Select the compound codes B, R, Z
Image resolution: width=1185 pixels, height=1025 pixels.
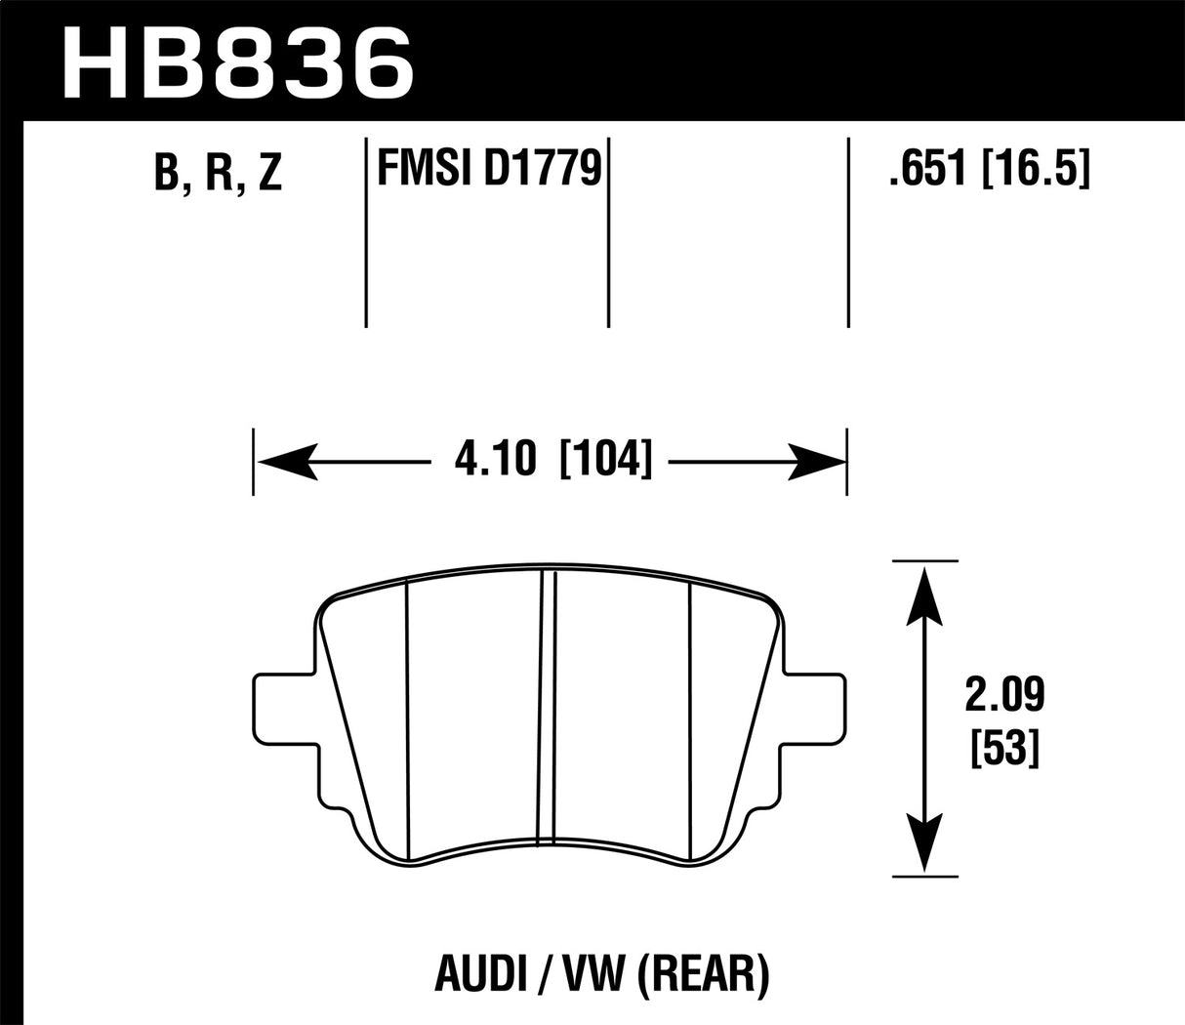pyautogui.click(x=218, y=173)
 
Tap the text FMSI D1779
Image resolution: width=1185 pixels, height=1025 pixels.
pyautogui.click(x=487, y=171)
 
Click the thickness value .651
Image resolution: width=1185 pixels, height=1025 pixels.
pyautogui.click(x=926, y=171)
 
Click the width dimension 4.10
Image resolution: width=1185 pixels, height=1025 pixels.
pyautogui.click(x=494, y=458)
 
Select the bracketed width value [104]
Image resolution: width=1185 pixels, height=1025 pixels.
pyautogui.click(x=605, y=458)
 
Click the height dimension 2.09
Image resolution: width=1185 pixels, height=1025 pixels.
pyautogui.click(x=1004, y=696)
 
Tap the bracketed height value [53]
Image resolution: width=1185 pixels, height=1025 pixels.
pyautogui.click(x=1004, y=750)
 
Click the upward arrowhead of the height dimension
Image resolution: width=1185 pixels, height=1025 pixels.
pyautogui.click(x=922, y=595)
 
